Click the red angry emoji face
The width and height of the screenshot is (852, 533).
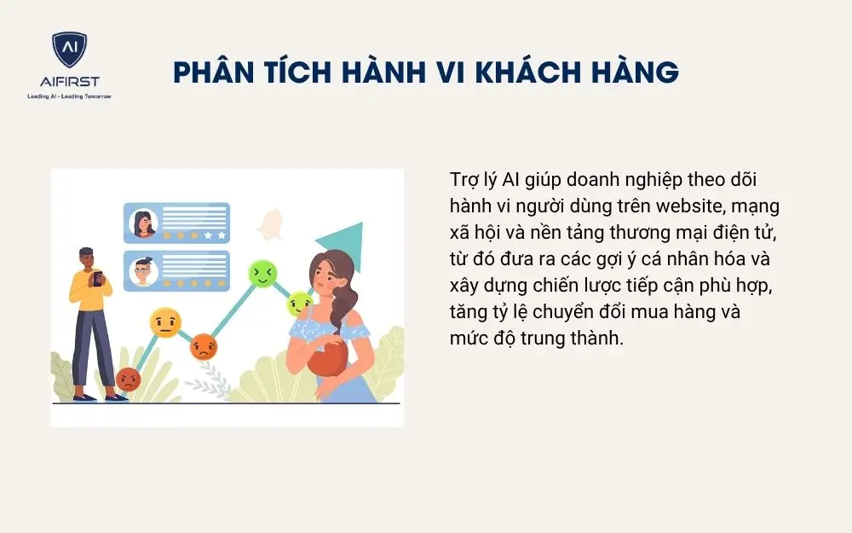(x=128, y=379)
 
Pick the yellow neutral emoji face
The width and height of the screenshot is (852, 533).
(x=165, y=322)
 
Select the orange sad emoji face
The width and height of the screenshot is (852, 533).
(x=204, y=345)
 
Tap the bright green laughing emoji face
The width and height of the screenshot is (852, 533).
(x=262, y=273)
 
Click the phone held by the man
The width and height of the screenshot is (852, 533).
(x=96, y=278)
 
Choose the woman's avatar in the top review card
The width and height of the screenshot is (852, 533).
(x=143, y=223)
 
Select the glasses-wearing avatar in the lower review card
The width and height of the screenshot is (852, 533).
(x=143, y=271)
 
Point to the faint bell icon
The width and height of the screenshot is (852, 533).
(x=273, y=223)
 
